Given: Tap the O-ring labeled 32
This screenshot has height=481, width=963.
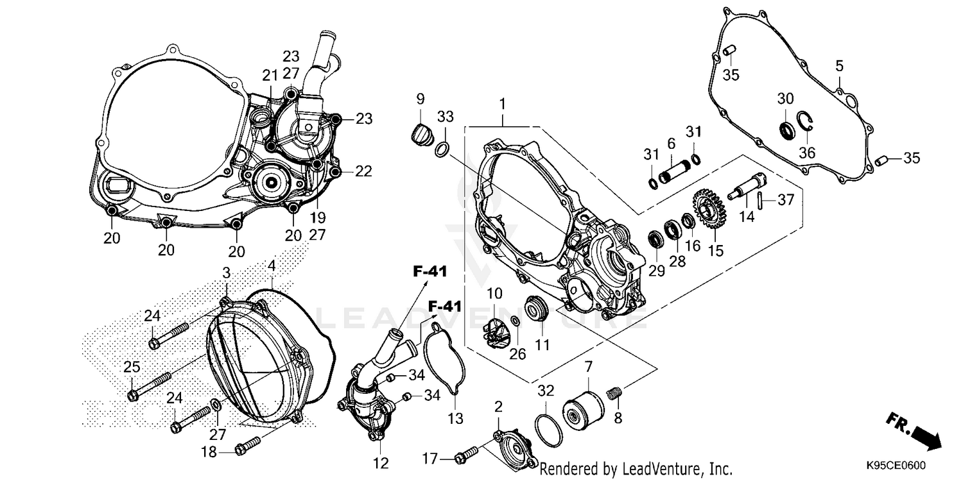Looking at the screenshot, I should point(548,429).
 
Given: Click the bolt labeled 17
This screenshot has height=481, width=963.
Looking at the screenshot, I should point(465,458).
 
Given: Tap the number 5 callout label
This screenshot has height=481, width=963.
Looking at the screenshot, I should point(838,65).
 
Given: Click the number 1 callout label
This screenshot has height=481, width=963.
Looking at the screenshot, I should point(503,103).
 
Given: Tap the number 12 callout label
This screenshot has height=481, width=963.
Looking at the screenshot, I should point(380,462).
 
